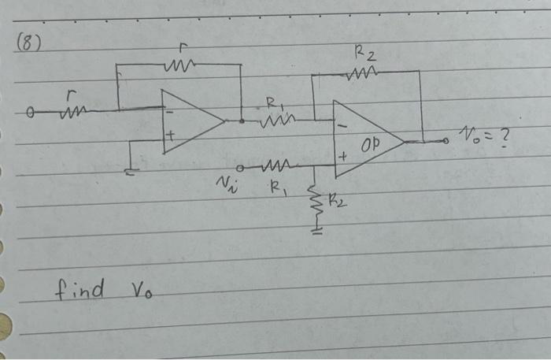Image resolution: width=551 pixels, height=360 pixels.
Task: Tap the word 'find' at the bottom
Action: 80,289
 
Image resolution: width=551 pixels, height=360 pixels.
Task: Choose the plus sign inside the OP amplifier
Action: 342,158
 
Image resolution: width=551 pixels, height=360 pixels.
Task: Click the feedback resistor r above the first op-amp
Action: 183,64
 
